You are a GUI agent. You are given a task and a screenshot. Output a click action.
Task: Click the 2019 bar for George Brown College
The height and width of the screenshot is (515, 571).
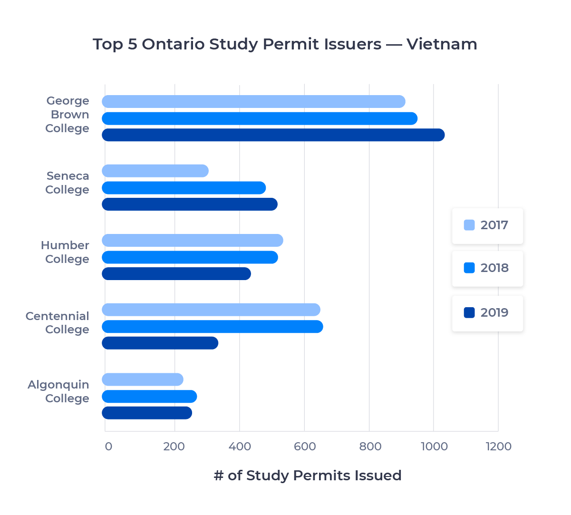coord(273,135)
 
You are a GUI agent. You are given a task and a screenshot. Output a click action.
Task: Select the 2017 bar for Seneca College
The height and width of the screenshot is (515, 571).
coord(155,171)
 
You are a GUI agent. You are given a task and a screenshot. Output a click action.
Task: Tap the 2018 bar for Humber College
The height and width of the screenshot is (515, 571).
coord(190,257)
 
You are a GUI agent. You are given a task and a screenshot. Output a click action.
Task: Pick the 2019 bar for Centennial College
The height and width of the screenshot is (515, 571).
coord(160,343)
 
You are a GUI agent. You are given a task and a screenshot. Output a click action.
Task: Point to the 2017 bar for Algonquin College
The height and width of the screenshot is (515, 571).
coord(143,379)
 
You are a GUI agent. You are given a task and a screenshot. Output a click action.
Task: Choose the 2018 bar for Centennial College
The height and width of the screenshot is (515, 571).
coord(212,327)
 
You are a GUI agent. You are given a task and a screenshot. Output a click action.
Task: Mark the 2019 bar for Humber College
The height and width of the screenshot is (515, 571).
coord(176,274)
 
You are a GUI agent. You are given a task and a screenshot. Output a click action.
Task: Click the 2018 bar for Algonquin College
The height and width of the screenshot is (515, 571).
coord(149,397)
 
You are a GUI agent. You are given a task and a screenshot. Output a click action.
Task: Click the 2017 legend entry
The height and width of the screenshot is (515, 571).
coord(487,225)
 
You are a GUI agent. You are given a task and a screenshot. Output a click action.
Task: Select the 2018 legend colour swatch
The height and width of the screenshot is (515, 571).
coord(469,268)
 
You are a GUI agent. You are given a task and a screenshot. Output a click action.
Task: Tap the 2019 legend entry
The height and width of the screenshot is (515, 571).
coord(487,313)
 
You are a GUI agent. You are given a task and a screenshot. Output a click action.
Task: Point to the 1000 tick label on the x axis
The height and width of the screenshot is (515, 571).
coord(435,447)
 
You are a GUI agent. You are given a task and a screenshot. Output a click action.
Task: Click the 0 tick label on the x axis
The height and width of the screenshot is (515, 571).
coord(108,447)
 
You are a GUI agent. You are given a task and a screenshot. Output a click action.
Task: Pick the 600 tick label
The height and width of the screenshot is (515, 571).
coord(305,447)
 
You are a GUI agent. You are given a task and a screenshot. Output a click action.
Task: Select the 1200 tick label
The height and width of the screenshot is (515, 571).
coord(499,447)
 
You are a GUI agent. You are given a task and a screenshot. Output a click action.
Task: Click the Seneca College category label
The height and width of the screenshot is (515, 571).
coord(67,183)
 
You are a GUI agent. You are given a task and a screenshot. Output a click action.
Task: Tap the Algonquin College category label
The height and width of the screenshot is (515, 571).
coord(58,391)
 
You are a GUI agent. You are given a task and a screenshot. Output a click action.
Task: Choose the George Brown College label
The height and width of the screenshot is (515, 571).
coord(67,115)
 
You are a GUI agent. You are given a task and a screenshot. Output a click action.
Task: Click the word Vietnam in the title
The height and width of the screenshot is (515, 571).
coord(442,44)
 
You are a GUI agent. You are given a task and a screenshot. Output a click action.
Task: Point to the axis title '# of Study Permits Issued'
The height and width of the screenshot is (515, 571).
coord(308,476)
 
